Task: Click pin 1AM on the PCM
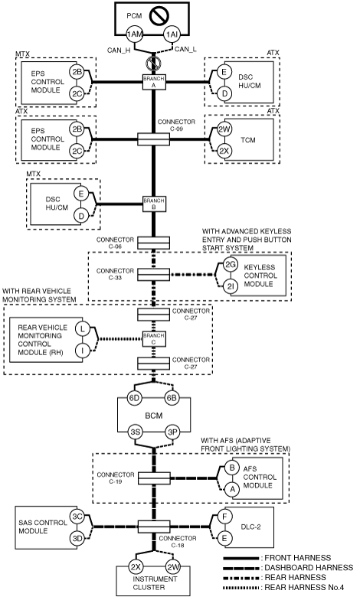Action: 135,34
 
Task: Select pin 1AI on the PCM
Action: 172,34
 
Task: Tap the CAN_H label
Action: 119,50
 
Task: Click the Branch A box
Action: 154,82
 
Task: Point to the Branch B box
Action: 154,204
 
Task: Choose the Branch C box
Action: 154,339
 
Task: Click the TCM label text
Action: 247,140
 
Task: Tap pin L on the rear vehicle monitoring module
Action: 82,328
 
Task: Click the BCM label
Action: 154,416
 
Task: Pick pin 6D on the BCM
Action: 134,398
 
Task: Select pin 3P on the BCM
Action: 173,432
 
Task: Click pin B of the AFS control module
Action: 232,468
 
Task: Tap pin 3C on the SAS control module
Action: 77,517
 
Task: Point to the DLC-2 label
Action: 251,527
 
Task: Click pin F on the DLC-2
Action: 224,517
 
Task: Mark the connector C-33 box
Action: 154,274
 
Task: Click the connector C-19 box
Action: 154,478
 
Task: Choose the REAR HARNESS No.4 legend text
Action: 304,588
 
